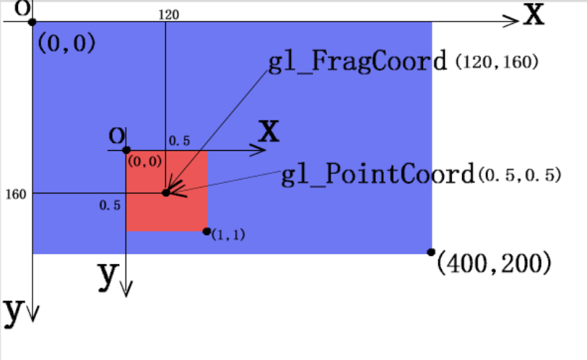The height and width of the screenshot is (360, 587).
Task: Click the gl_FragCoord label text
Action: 357,62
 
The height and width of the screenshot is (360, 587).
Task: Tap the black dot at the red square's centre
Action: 166,193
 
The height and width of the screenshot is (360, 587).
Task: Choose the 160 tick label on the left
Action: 15,194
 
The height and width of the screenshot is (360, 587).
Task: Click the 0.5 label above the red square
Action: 179,141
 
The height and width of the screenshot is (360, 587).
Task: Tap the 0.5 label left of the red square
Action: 110,206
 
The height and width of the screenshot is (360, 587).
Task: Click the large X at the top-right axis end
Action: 534,14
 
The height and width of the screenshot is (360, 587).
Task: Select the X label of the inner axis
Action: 269,132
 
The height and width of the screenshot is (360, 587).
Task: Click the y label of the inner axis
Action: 108,275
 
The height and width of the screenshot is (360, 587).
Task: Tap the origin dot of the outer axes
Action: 32,22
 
